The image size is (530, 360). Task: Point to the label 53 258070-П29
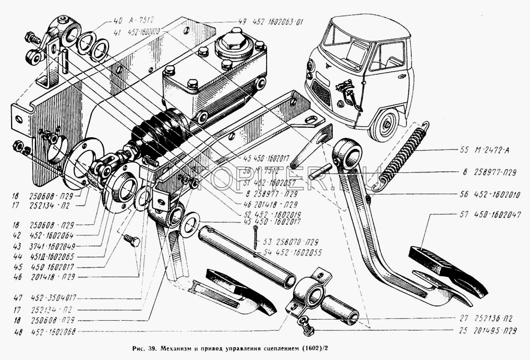pos(289,240)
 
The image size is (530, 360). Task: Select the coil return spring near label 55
pos(405,155)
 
